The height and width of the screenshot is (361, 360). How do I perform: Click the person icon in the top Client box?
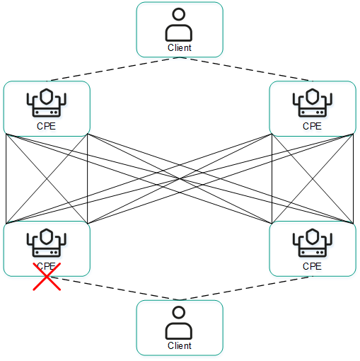click(x=179, y=25)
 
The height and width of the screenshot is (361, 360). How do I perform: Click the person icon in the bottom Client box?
click(x=179, y=323)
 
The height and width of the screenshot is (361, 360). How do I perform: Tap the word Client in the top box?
click(x=179, y=48)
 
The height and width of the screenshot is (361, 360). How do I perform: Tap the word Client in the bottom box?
click(x=179, y=346)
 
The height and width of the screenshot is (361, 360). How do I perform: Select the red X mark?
click(x=47, y=275)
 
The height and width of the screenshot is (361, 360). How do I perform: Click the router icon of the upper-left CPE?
click(x=46, y=104)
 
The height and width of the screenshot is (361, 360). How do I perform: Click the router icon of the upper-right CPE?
click(x=312, y=104)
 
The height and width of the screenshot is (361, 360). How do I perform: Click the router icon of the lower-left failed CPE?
click(x=46, y=243)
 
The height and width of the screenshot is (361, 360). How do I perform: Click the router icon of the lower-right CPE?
click(x=312, y=243)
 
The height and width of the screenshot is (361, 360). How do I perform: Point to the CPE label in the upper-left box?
click(x=46, y=127)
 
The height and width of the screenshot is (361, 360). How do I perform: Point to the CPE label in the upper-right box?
click(x=312, y=127)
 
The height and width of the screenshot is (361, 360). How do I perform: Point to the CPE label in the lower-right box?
click(x=312, y=266)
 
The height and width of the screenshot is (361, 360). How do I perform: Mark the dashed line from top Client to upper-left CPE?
click(x=113, y=69)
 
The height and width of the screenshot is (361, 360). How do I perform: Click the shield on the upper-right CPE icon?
click(x=312, y=96)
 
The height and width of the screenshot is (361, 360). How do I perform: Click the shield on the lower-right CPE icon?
click(x=312, y=235)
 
